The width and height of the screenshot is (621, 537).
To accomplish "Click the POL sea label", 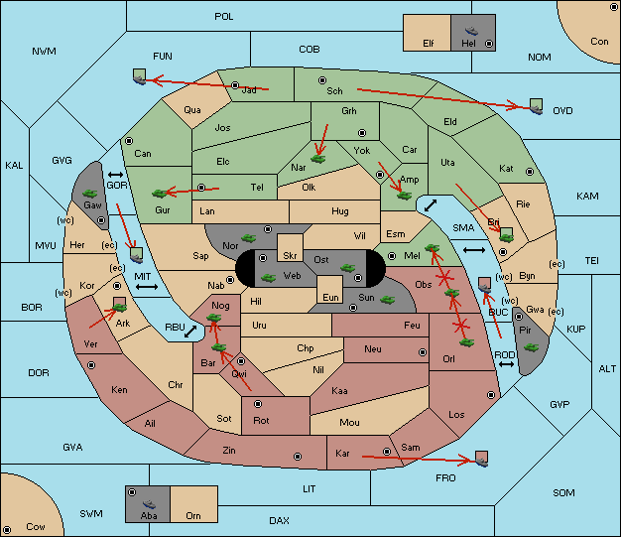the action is pos(224,17).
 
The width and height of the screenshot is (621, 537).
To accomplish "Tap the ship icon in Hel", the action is pos(471,31).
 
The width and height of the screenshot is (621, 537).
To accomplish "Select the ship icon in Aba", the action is pos(150,504).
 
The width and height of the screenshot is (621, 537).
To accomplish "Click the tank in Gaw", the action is pos(90,194).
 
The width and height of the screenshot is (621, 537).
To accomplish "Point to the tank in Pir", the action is pos(531,347).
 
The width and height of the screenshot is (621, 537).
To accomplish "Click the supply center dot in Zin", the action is pos(298,457).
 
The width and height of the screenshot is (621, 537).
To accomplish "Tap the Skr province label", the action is pos(290,256).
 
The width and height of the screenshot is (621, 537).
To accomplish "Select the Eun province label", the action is pos(330,297).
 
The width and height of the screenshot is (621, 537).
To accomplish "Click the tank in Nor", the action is pos(249,238).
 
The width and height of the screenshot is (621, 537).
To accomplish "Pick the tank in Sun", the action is pos(387,300).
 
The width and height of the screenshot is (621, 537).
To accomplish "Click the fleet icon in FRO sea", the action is pos(481,459).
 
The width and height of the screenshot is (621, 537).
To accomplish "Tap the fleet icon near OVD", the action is pos(537,106).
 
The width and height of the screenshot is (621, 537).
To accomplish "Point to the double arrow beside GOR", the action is pos(116,175).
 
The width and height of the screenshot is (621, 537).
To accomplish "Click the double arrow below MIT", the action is pos(147,287).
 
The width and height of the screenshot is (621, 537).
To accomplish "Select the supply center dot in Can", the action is pos(129,141).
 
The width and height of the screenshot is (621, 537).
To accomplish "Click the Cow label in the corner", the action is pos(36,527).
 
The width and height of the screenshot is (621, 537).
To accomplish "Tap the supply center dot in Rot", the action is pos(258,404).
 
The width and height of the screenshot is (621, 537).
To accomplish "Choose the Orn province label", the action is pos(193,515).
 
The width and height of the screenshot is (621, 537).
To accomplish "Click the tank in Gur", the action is pos(159,194).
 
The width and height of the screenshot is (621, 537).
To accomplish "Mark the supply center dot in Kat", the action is pos(530,172).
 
